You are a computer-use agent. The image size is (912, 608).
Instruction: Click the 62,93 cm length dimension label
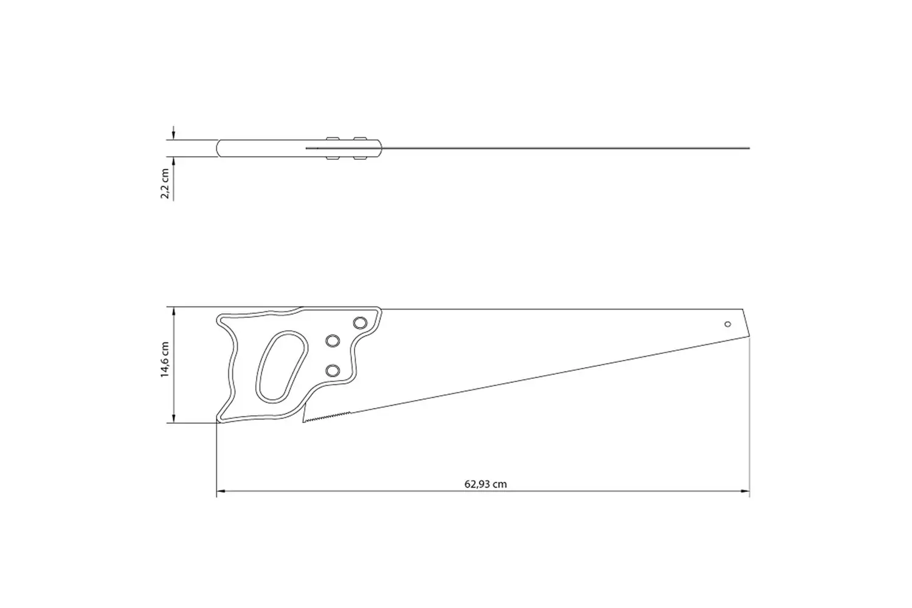[485, 484]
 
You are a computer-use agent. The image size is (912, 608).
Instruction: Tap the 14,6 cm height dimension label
[165, 359]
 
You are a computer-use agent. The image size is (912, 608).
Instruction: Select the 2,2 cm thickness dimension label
[165, 183]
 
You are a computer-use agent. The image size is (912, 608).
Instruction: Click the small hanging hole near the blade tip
[728, 324]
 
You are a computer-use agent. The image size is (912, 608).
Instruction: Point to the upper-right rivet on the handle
[360, 323]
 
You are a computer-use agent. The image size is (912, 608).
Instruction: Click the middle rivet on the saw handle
[333, 341]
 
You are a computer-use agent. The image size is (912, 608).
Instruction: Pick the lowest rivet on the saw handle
[333, 371]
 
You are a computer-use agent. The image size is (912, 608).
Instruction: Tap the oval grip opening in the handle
[282, 367]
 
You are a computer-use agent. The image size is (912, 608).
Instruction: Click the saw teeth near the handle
[326, 418]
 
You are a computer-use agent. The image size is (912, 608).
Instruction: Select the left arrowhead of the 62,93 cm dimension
[221, 491]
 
